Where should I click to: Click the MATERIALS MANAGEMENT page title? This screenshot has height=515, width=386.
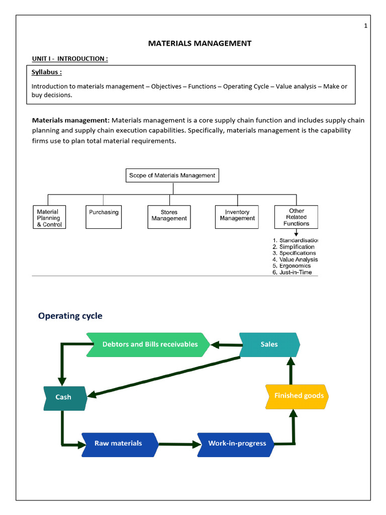[200, 43]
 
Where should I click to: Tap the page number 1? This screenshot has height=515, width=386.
[366, 26]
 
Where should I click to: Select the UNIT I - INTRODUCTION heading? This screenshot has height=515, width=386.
[70, 59]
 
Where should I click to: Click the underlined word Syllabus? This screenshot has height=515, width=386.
[46, 72]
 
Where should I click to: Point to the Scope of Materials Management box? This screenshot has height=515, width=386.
[172, 176]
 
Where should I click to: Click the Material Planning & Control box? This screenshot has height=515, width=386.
[49, 218]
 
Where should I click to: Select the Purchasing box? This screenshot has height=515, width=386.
[104, 217]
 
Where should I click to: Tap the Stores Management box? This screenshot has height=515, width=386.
[169, 217]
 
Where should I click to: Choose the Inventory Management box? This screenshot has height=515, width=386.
[237, 217]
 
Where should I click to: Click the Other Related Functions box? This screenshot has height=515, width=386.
[296, 217]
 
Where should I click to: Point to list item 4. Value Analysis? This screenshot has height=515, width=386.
[295, 260]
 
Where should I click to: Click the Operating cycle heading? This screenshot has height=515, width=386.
[70, 316]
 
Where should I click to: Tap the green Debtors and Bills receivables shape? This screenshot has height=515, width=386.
[149, 345]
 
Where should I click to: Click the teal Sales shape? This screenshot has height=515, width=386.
[269, 345]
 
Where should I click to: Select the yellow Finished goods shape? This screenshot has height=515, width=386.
[297, 396]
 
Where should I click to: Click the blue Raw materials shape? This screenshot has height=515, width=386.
[119, 444]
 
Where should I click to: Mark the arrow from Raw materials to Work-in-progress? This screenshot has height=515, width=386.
[178, 444]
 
